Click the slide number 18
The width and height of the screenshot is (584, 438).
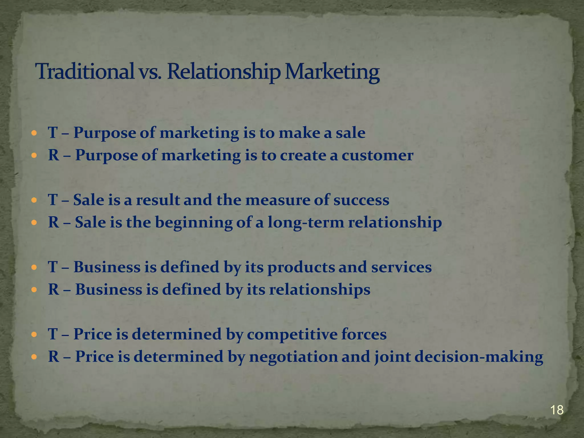tap(557, 410)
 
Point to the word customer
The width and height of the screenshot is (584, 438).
tap(377, 155)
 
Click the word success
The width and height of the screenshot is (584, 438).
tap(361, 200)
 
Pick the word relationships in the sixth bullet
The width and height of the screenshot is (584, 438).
tap(320, 290)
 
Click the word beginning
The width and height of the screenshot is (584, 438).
tap(194, 222)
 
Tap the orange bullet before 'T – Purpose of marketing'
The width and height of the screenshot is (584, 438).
tap(34, 133)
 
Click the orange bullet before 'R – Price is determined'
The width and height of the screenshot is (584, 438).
tap(34, 357)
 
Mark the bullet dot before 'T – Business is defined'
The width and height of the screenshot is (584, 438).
tap(34, 267)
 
